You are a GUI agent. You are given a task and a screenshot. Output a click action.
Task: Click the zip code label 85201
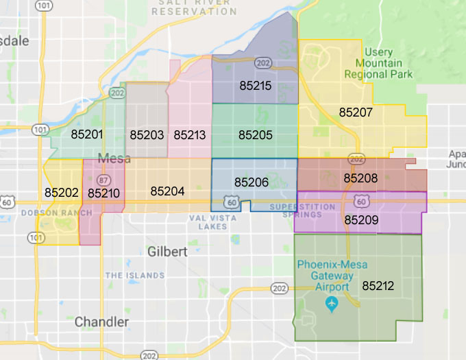pyautogui.click(x=87, y=134)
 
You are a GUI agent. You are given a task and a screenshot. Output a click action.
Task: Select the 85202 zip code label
pyautogui.click(x=62, y=193)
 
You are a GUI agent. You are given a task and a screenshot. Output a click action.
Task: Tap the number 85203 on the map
pyautogui.click(x=147, y=135)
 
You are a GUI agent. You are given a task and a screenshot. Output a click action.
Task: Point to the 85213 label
pyautogui.click(x=190, y=135)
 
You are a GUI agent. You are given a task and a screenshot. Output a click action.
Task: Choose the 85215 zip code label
pyautogui.click(x=255, y=86)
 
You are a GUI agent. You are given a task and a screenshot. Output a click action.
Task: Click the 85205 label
pyautogui.click(x=255, y=135)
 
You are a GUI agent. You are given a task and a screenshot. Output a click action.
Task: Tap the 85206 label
pyautogui.click(x=252, y=182)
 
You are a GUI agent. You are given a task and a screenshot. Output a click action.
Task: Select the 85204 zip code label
pyautogui.click(x=167, y=191)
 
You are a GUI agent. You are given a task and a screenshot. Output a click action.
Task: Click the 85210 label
pyautogui.click(x=103, y=193)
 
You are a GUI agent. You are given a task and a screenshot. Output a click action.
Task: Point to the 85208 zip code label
pyautogui.click(x=360, y=178)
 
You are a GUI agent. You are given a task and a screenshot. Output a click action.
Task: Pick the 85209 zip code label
pyautogui.click(x=361, y=220)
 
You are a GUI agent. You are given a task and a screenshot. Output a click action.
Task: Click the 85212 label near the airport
pyautogui.click(x=378, y=285)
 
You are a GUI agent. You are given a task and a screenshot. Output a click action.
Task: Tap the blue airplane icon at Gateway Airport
pyautogui.click(x=332, y=302)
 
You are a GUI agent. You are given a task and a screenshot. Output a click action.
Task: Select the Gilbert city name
pyautogui.click(x=167, y=252)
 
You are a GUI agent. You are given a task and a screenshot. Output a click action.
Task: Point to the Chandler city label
pyautogui.click(x=101, y=322)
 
